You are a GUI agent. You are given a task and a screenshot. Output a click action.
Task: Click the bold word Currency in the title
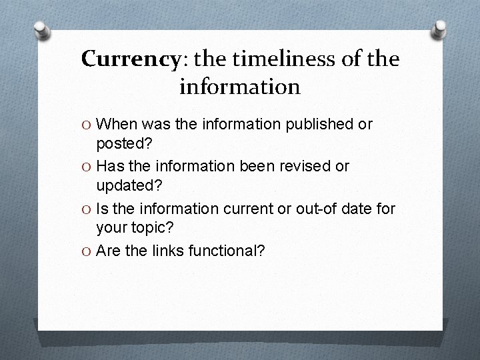(x=130, y=59)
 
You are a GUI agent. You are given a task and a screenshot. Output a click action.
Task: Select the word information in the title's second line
(x=240, y=86)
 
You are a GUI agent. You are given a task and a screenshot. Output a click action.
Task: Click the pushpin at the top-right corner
(x=440, y=27)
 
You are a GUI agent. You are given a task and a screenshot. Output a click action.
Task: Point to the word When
(x=119, y=124)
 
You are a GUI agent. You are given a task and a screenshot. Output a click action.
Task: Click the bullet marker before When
(x=86, y=125)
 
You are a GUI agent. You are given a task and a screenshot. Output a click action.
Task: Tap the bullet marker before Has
(x=86, y=167)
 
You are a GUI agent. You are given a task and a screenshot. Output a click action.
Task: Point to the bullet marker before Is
(x=86, y=209)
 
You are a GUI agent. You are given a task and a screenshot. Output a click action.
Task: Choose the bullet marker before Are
(x=86, y=251)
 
